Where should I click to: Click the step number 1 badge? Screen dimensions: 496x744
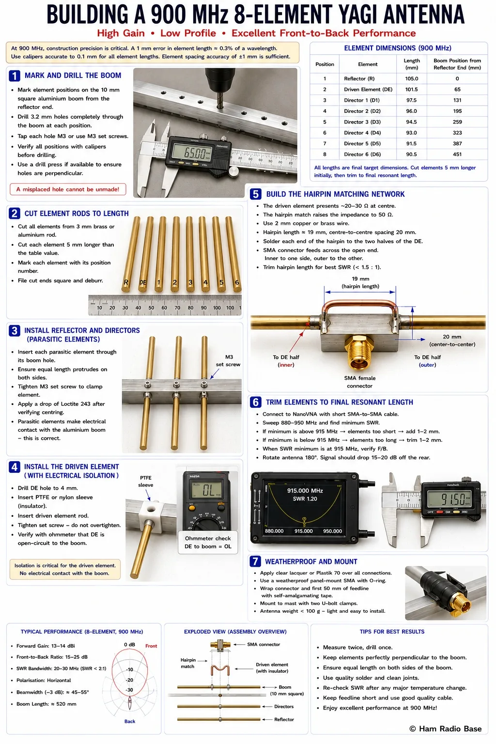[14, 76]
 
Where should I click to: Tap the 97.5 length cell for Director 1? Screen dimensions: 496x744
[411, 100]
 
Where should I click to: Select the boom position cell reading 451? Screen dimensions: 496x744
[457, 155]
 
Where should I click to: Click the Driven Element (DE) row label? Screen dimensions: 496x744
[368, 89]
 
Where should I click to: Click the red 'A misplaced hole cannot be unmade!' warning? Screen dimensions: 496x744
[68, 189]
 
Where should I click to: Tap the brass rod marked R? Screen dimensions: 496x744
[131, 254]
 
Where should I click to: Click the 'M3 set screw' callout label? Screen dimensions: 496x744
[228, 361]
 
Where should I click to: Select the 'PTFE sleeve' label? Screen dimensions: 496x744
[145, 481]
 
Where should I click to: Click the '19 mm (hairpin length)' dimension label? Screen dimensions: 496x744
[360, 283]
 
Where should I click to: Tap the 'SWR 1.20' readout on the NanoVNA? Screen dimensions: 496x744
[305, 499]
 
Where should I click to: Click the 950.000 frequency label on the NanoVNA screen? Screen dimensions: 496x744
[333, 531]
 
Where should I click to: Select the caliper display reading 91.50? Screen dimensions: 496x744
[449, 499]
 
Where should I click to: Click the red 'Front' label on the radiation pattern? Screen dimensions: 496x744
[151, 646]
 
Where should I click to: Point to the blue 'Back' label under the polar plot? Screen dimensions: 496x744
[130, 721]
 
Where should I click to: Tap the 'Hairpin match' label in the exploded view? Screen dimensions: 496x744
[188, 663]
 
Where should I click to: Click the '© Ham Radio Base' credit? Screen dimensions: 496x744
[446, 728]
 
